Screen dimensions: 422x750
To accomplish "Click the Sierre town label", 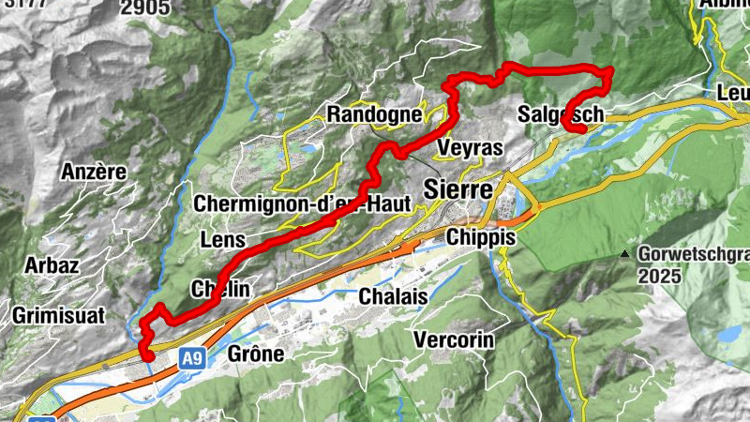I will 458,188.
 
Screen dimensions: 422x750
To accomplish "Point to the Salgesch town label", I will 561,114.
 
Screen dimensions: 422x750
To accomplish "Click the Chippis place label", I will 481,237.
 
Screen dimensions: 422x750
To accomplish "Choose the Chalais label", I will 393,296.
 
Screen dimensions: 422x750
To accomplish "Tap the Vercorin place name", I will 453,339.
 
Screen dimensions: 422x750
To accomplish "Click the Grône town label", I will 256,354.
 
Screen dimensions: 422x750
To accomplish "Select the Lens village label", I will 223,240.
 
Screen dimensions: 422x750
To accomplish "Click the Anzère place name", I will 93,172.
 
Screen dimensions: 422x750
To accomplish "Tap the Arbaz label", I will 52,264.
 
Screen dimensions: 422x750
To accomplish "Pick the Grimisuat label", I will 58,315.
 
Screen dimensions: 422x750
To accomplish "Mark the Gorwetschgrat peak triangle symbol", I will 625,253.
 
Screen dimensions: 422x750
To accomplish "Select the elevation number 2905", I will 145,8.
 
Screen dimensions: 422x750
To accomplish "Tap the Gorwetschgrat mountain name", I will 694,253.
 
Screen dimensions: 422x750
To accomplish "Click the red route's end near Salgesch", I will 582,129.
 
